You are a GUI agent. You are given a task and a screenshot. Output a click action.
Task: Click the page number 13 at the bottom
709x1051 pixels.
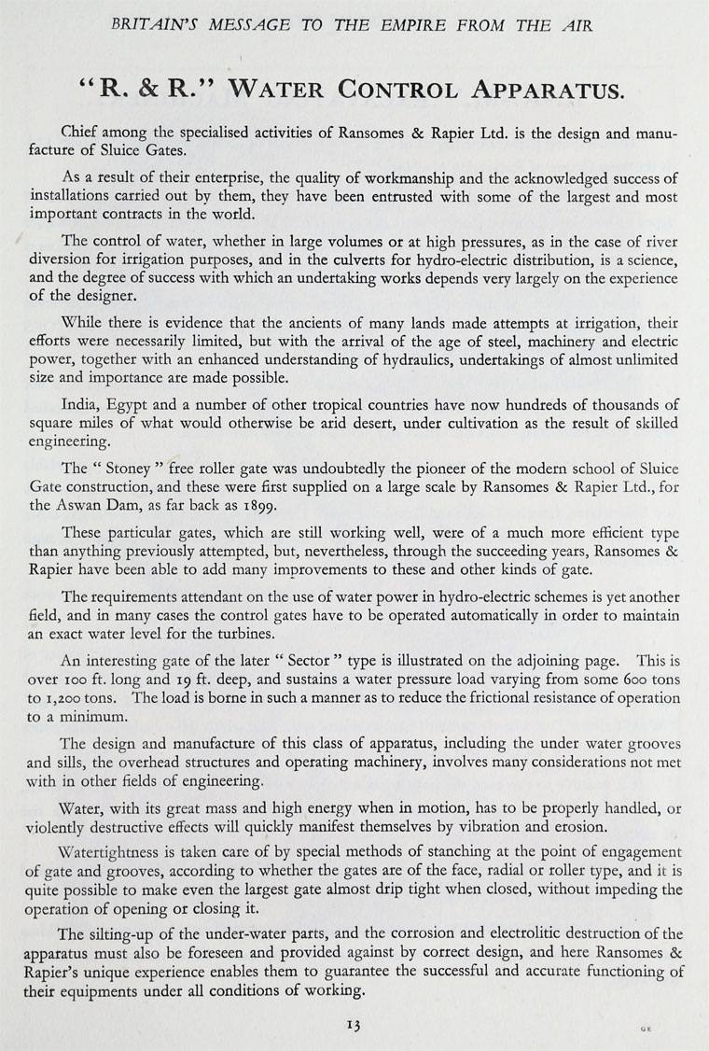(353, 1024)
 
